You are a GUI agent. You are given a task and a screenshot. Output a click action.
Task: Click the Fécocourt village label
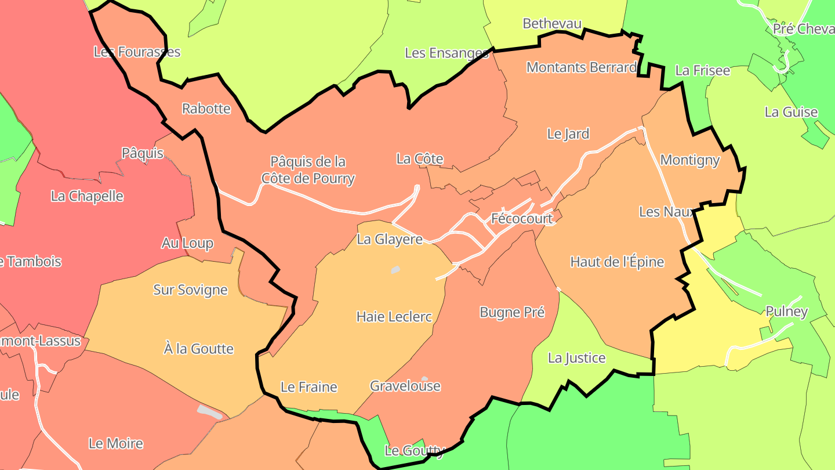522,219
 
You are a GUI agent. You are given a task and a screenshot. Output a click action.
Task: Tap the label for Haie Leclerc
394,317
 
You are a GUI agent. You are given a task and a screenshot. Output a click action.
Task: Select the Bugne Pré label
512,312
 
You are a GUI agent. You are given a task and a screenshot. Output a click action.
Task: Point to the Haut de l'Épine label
617,262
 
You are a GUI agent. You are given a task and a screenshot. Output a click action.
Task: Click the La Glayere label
390,239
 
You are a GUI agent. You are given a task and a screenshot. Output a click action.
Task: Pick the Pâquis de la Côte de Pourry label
308,170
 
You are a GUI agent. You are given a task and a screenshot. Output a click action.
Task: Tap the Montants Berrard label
581,67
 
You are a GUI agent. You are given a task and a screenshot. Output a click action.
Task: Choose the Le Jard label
568,134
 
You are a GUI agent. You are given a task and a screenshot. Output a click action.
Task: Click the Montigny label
690,160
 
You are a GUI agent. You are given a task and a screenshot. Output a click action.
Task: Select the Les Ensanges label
446,53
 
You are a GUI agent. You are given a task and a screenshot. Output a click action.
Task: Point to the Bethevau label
552,24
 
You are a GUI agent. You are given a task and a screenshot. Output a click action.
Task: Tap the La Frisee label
703,71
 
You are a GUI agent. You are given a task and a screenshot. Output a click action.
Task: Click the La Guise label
791,112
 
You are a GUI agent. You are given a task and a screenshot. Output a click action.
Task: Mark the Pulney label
787,312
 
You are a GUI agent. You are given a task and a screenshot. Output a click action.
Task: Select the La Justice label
577,358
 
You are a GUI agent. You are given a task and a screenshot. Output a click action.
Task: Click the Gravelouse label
405,386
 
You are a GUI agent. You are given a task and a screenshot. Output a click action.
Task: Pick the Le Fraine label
308,387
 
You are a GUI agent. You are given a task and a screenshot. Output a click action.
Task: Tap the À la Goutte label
198,349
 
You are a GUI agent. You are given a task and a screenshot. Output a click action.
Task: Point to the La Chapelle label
87,196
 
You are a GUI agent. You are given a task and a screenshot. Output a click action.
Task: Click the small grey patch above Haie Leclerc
395,270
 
